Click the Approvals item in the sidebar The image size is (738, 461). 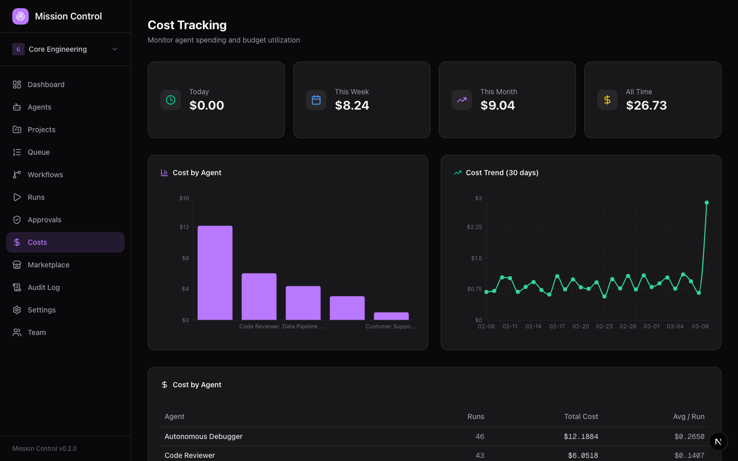pyautogui.click(x=44, y=220)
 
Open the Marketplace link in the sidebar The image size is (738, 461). pyautogui.click(x=48, y=265)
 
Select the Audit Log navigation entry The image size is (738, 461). pyautogui.click(x=44, y=287)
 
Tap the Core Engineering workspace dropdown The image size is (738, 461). pyautogui.click(x=65, y=49)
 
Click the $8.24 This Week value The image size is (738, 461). pyautogui.click(x=352, y=106)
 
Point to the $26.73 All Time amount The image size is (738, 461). pyautogui.click(x=646, y=106)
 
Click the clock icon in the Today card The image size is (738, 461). pyautogui.click(x=171, y=100)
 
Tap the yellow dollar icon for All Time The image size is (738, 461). pyautogui.click(x=607, y=100)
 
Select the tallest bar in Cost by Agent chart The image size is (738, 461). pyautogui.click(x=215, y=273)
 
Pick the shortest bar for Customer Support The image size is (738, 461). pyautogui.click(x=391, y=316)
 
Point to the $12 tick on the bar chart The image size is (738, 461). pyautogui.click(x=184, y=227)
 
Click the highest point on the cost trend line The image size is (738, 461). pyautogui.click(x=707, y=203)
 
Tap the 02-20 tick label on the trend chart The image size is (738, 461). pyautogui.click(x=581, y=326)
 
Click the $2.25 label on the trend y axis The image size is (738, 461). pyautogui.click(x=474, y=227)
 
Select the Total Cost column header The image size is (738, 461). pyautogui.click(x=581, y=416)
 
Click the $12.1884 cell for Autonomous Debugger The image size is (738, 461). pyautogui.click(x=581, y=436)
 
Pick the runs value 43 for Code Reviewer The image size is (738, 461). pyautogui.click(x=480, y=455)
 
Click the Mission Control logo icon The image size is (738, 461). pyautogui.click(x=20, y=16)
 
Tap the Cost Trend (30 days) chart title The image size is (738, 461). pyautogui.click(x=502, y=173)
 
